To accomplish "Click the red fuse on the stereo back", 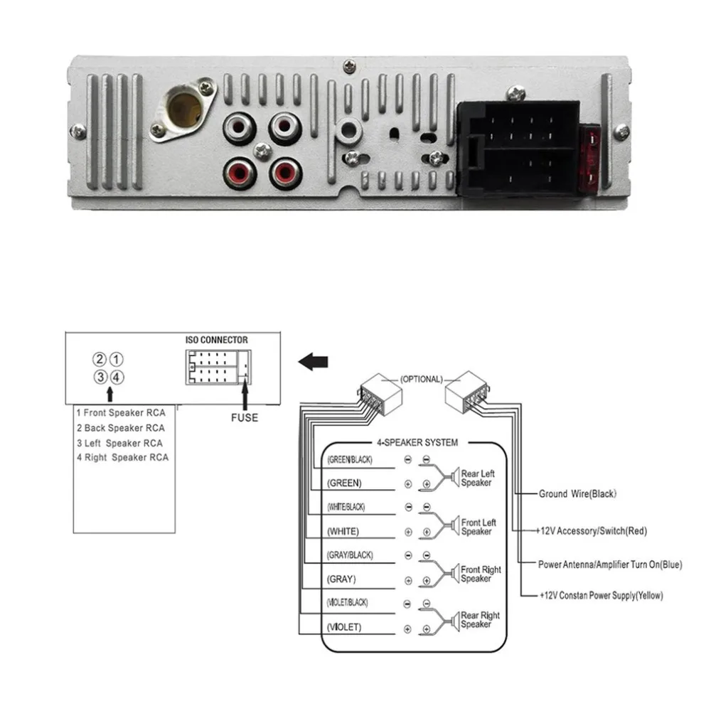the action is (x=590, y=159).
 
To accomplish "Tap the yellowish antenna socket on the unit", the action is (x=185, y=109).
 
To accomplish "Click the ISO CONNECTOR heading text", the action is (x=217, y=340).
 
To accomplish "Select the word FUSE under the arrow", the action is (x=245, y=417).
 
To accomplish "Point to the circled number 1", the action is (x=117, y=360).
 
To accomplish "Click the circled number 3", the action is (x=100, y=378).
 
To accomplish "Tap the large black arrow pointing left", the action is (x=313, y=362).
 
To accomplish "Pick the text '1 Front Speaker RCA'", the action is (x=121, y=413).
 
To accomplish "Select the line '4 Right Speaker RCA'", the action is (x=122, y=457).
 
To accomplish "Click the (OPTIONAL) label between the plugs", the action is (x=421, y=379).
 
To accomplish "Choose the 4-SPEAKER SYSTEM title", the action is (x=417, y=442).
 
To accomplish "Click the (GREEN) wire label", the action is (x=344, y=483).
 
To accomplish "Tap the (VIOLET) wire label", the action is (x=344, y=627).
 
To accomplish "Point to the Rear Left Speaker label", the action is (x=478, y=479).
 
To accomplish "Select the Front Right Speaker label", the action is (x=481, y=574).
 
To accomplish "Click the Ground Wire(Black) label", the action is (x=577, y=494).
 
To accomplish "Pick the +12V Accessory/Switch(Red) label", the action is (x=592, y=531).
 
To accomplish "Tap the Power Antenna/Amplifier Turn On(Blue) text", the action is (x=610, y=565).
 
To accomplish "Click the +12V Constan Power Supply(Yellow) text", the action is (x=602, y=595).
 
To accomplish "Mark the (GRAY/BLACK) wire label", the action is (x=350, y=555).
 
